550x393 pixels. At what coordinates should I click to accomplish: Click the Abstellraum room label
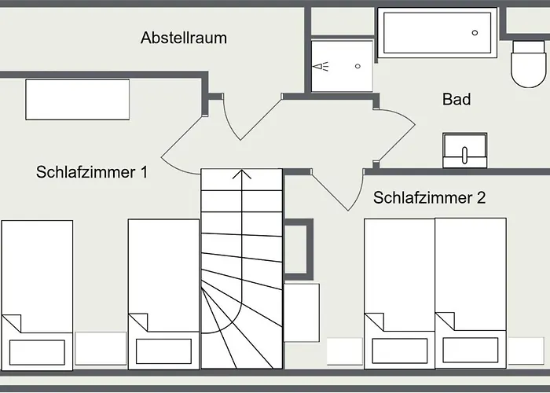[x=184, y=37]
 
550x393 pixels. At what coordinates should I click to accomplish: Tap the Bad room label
[x=456, y=99]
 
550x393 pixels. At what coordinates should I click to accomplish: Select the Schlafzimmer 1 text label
[x=92, y=172]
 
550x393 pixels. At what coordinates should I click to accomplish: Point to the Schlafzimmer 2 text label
[x=429, y=197]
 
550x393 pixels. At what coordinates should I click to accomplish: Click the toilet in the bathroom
[x=527, y=63]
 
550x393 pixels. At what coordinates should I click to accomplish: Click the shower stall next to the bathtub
[x=340, y=66]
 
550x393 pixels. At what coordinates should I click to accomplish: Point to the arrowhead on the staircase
[x=241, y=174]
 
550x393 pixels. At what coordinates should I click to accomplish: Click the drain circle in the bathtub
[x=475, y=32]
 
